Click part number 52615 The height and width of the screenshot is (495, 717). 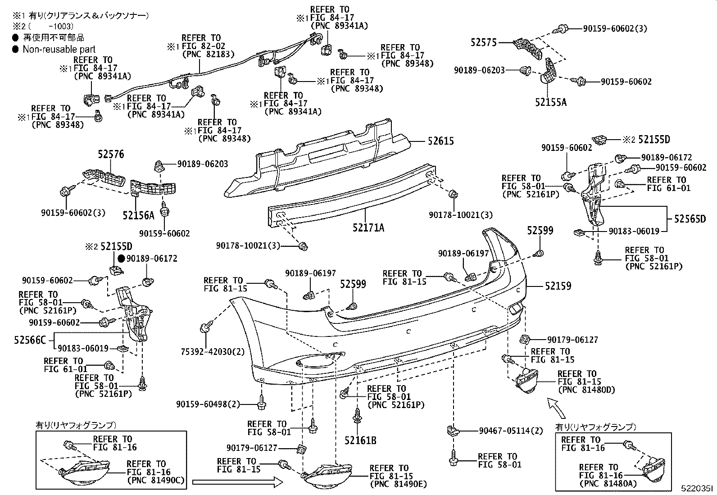(441, 141)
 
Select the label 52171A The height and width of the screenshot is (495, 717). (368, 227)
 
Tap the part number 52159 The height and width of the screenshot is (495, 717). (558, 286)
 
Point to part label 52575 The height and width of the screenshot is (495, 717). (483, 42)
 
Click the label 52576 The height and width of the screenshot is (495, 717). (111, 154)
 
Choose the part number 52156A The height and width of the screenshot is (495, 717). (138, 215)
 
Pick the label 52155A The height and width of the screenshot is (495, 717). (550, 102)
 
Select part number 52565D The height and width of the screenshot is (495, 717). (690, 219)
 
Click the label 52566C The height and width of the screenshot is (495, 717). (30, 340)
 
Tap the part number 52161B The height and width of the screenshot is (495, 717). (360, 441)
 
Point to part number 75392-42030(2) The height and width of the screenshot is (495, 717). (213, 352)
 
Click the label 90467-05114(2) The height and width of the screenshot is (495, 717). (511, 431)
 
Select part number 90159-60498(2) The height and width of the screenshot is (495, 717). (208, 404)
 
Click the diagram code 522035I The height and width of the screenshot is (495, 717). (697, 488)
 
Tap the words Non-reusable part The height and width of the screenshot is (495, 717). (59, 49)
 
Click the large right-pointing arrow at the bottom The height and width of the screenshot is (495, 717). (237, 482)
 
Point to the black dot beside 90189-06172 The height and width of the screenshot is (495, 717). (121, 259)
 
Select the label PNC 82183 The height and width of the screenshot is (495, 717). (209, 54)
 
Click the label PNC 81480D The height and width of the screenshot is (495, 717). (587, 390)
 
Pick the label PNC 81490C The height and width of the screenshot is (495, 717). (156, 480)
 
